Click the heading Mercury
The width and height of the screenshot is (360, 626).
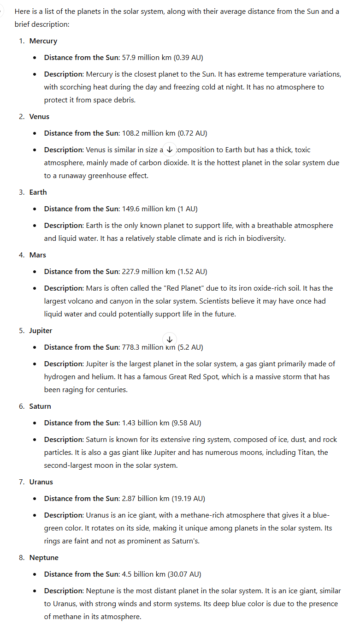point(43,41)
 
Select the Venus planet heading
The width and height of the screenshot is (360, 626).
point(39,117)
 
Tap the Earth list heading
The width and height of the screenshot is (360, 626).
point(38,192)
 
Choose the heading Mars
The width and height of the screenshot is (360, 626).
point(38,255)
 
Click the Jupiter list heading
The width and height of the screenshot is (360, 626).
point(41,331)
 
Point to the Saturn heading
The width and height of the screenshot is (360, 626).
point(40,406)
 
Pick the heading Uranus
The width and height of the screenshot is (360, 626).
point(41,482)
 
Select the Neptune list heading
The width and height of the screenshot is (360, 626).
point(44,558)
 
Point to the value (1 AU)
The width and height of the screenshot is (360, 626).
point(188,209)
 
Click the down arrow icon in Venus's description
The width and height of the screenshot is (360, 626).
point(170,149)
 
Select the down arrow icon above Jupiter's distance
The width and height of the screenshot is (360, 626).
point(170,339)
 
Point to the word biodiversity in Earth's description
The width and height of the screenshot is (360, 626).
point(264,238)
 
